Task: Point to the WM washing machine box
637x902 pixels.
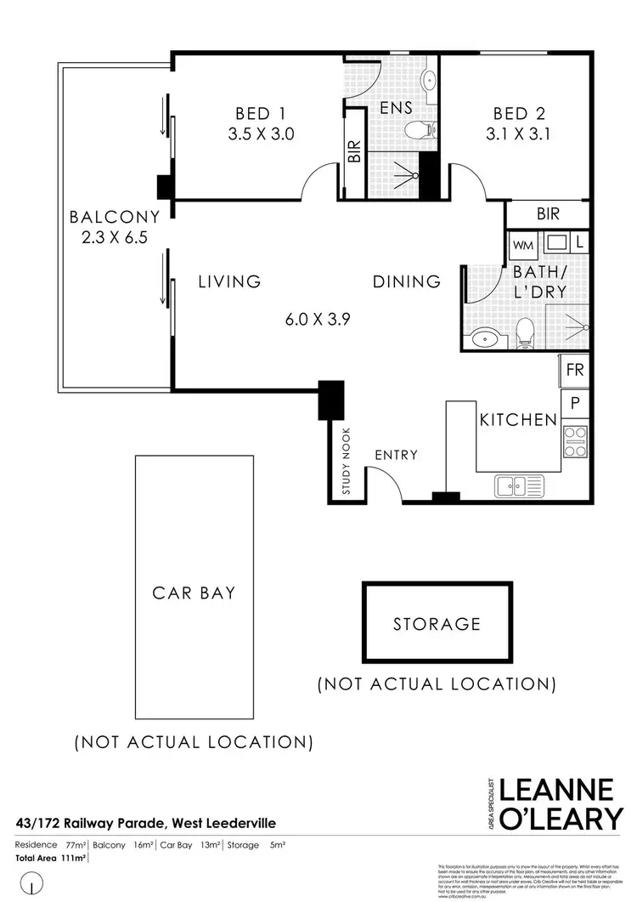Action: click(x=523, y=244)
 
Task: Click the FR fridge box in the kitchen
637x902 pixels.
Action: click(x=575, y=372)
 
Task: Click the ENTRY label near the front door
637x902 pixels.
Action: click(x=397, y=455)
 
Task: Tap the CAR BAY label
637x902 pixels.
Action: click(x=194, y=593)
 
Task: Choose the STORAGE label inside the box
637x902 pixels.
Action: click(x=437, y=624)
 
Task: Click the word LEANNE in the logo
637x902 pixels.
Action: click(x=556, y=789)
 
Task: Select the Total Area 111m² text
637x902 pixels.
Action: click(x=51, y=859)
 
